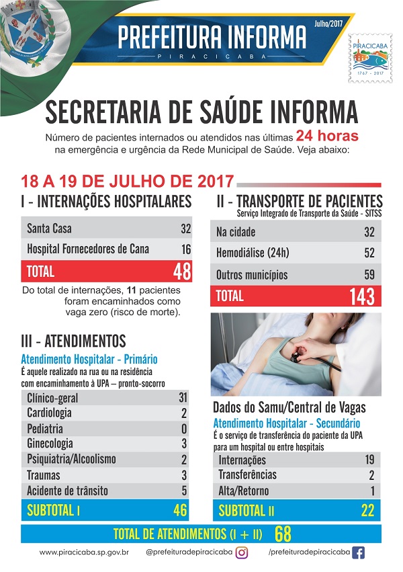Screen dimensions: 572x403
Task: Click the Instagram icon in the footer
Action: coord(242,553)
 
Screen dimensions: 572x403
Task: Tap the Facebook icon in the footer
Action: coord(359,553)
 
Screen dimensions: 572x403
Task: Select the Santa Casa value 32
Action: coord(185,229)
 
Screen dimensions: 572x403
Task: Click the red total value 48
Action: coord(181,272)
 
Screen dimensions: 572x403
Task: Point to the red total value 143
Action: coord(361,296)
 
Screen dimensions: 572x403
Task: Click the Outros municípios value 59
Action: coord(369,274)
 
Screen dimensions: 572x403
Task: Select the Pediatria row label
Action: coord(45,428)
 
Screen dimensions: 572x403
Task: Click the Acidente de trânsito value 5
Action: coord(183,491)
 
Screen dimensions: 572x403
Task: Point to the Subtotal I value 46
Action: coord(179,510)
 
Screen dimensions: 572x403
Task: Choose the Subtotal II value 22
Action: coord(367,511)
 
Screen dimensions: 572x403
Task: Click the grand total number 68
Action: coord(283,534)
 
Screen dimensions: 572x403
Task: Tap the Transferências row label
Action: coord(248,475)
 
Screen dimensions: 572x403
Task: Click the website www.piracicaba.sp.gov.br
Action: coord(84,553)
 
